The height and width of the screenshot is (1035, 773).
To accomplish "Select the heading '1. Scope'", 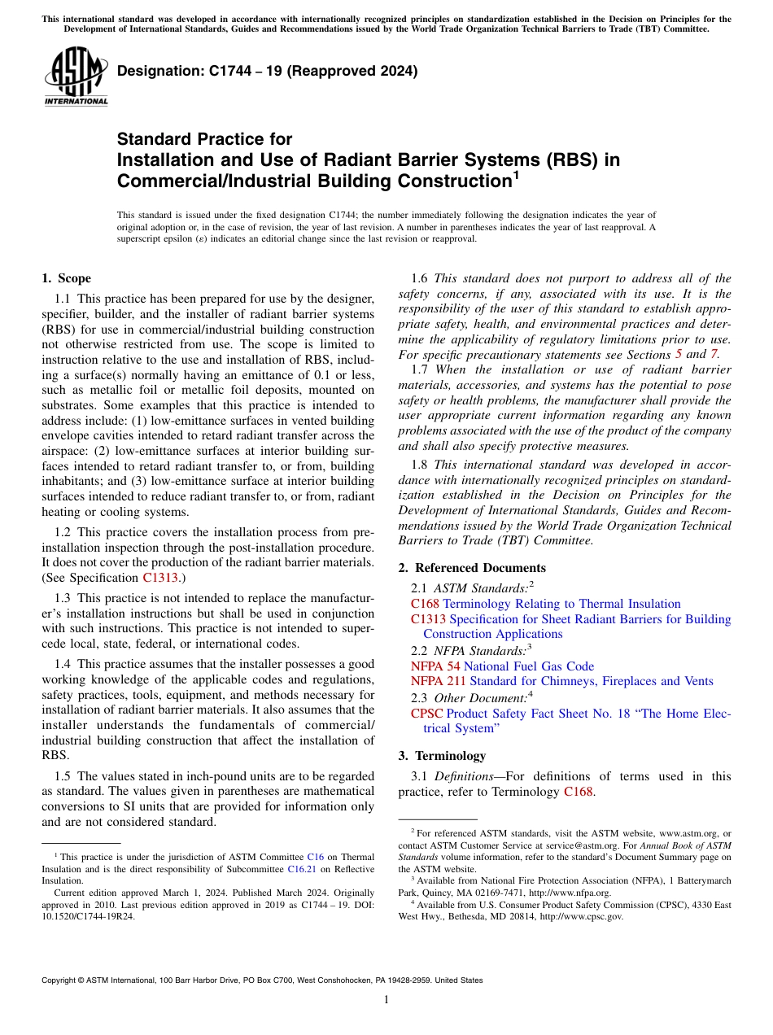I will click(66, 278).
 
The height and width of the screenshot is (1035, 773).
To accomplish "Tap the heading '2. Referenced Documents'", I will click(472, 568).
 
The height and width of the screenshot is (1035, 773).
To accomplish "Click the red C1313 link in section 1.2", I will click(159, 578).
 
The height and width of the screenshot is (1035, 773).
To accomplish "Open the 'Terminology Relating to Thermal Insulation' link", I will click(561, 604).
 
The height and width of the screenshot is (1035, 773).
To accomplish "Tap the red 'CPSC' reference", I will click(427, 714).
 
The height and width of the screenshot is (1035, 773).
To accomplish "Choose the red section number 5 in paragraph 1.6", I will click(679, 355).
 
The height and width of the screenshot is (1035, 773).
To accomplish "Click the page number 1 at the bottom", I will click(386, 1000).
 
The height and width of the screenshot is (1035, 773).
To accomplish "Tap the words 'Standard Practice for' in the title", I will click(204, 139).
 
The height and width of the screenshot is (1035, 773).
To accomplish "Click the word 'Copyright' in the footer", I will click(61, 981).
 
